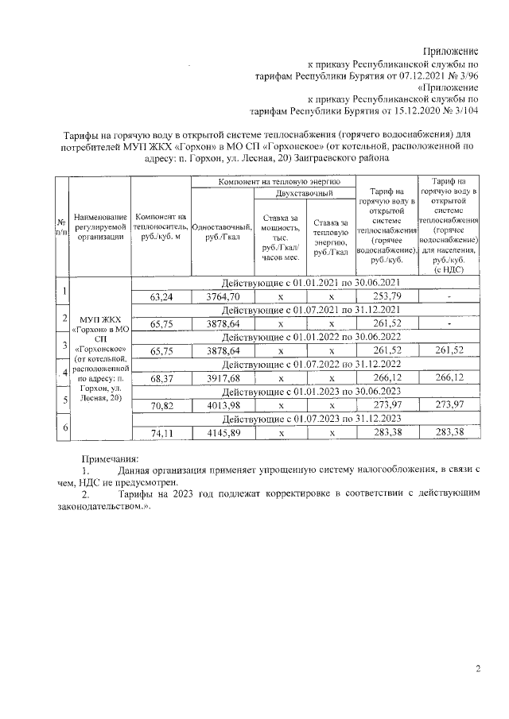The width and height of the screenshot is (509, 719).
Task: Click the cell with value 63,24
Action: (x=161, y=297)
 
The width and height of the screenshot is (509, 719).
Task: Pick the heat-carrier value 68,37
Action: (x=161, y=378)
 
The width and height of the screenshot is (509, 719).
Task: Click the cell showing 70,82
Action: (x=161, y=406)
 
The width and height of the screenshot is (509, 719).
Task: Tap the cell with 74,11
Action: (x=161, y=433)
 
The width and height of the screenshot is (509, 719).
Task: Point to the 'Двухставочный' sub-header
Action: (x=304, y=194)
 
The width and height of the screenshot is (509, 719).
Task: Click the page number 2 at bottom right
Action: (x=478, y=669)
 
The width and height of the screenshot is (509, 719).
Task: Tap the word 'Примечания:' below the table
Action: (x=111, y=458)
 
